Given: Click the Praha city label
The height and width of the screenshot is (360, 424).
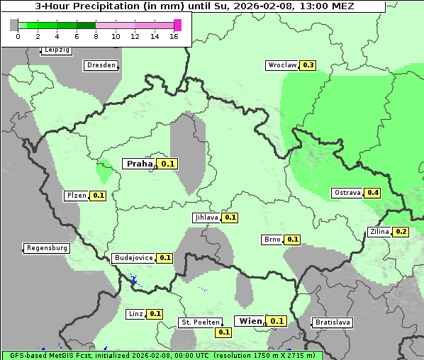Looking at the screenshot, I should point(140,164).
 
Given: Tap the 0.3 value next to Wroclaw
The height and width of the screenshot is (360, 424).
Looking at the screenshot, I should point(308,65).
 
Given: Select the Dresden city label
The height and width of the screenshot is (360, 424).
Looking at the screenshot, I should point(101,65).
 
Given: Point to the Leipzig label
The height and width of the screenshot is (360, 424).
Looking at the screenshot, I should point(56,50).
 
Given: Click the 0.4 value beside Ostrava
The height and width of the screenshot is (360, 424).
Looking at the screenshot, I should point(373,193).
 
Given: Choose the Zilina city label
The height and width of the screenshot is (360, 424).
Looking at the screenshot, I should point(379,232).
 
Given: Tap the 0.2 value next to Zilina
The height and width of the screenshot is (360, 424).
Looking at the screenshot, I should point(401,232).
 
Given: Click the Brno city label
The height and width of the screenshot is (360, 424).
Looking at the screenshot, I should point(272,240).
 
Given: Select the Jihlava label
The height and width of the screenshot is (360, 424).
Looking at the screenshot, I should point(206,218).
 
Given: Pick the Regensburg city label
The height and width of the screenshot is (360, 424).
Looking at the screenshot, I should point(47,248).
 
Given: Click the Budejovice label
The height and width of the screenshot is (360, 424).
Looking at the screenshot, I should point(133,258).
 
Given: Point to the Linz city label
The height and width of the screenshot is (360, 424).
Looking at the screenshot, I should point(135,313).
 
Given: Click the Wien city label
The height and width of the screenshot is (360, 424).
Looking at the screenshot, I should point(250,321).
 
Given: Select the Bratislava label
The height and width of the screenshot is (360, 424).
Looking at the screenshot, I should point(333,322).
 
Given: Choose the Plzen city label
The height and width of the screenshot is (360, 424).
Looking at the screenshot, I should point(76,196).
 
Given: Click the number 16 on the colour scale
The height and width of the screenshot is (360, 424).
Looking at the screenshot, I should point(174,36).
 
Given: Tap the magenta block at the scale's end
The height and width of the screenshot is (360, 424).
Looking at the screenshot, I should point(177,25).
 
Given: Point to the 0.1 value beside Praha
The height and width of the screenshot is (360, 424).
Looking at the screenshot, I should point(168,164).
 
